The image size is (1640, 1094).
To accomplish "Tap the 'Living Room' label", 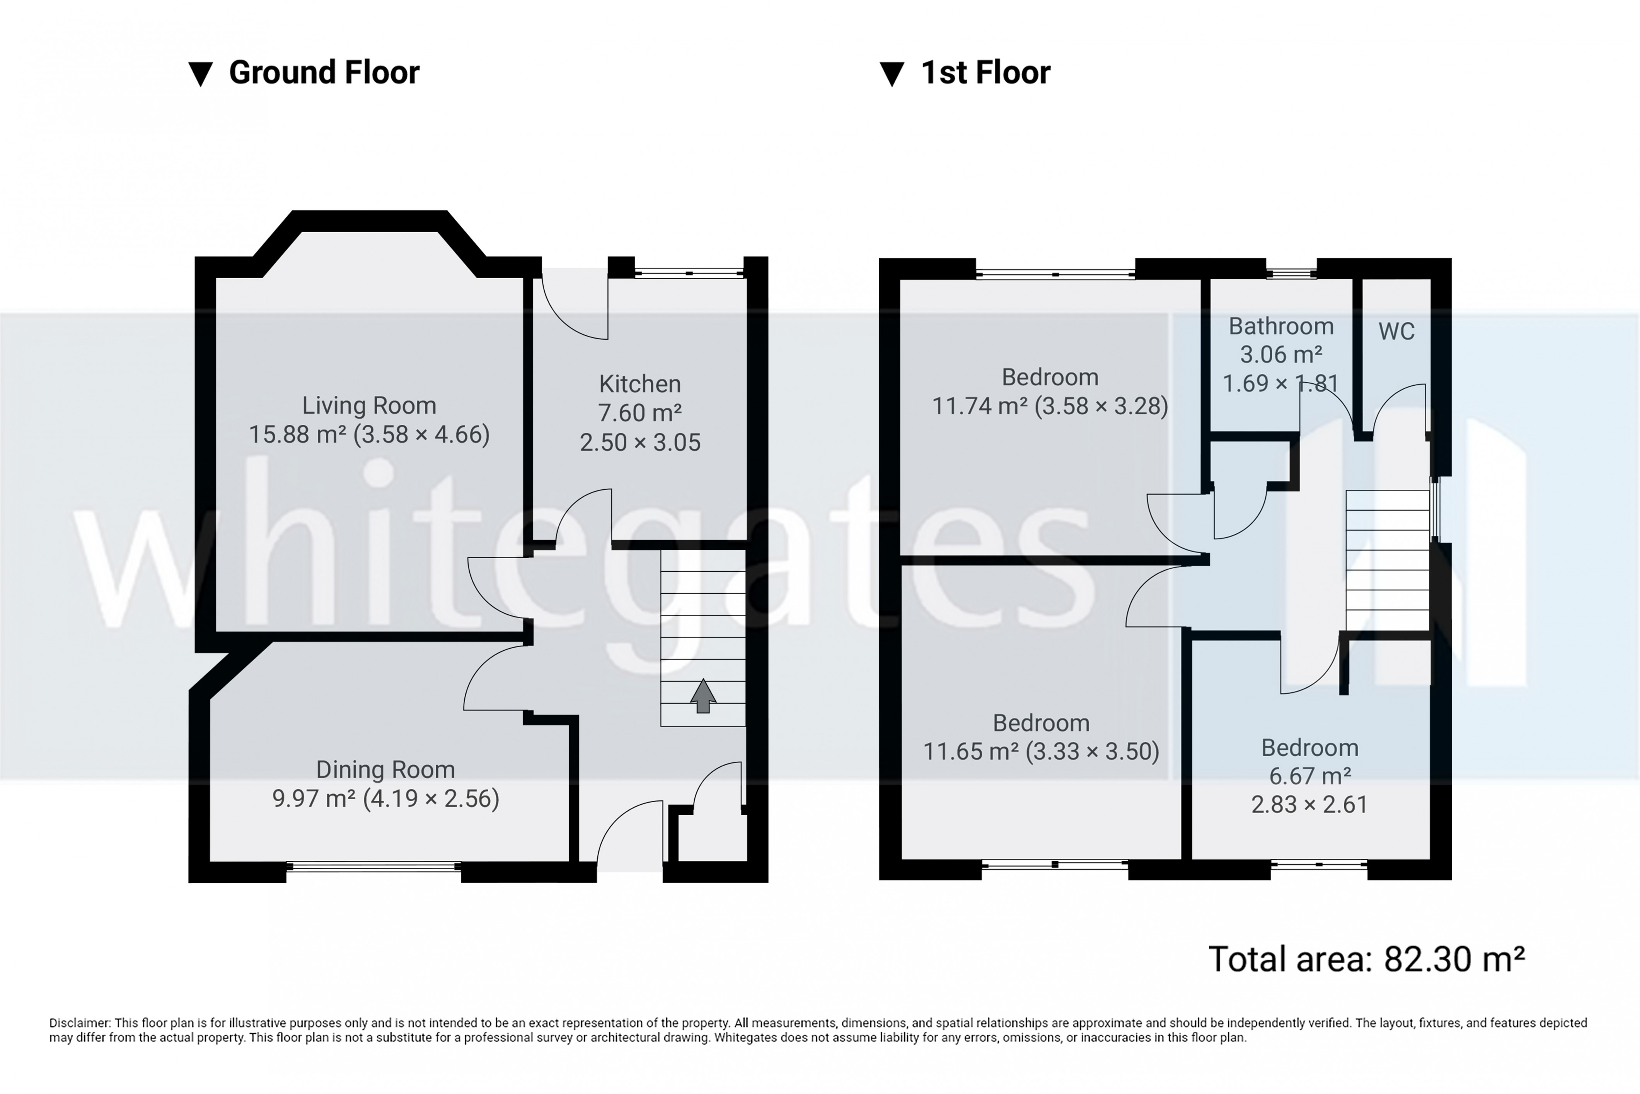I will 369,405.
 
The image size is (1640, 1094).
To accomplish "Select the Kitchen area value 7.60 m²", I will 639,413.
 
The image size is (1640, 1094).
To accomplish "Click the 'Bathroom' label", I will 1281,326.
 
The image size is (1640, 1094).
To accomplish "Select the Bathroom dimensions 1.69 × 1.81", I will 1281,383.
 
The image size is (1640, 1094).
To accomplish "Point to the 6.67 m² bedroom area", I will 1309,776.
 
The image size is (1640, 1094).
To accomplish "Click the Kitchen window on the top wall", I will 689,273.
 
